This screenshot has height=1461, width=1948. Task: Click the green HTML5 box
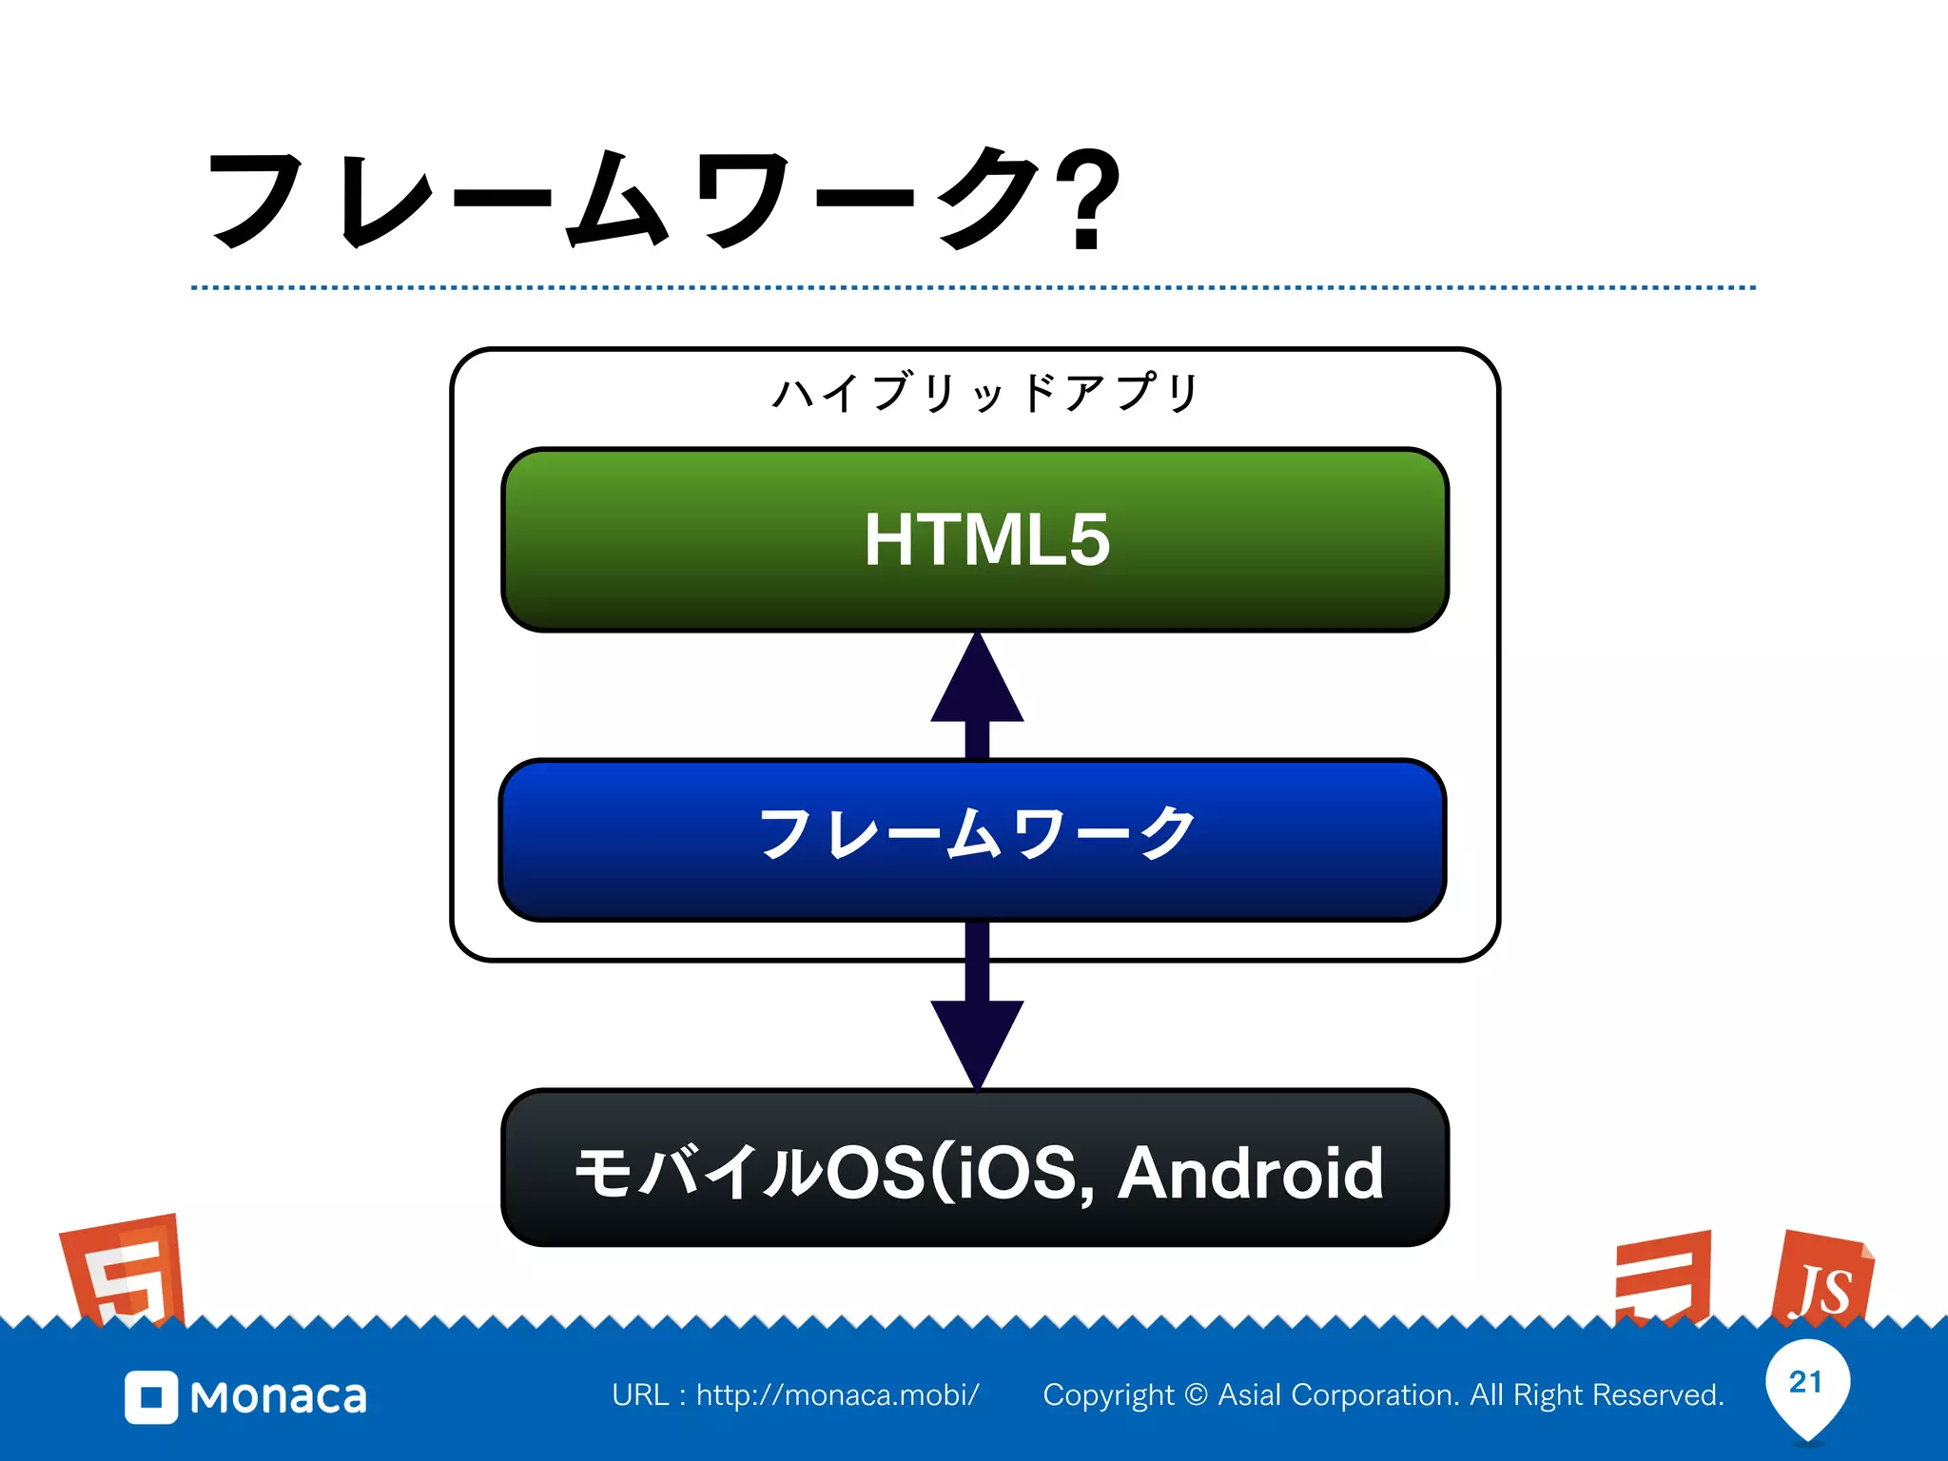click(975, 539)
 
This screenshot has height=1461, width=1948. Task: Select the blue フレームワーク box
click(972, 839)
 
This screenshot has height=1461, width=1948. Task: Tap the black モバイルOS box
click(975, 1168)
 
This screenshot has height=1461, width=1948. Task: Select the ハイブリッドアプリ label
click(985, 392)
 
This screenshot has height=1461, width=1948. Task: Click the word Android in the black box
click(1250, 1173)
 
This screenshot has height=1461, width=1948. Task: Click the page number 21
click(1805, 1381)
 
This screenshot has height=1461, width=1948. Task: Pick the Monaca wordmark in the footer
click(278, 1397)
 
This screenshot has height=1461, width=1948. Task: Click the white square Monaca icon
click(151, 1397)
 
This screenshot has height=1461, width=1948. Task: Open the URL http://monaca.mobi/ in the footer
click(837, 1394)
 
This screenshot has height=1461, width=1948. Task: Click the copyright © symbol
click(1197, 1394)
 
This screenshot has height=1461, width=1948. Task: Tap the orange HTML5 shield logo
click(124, 1270)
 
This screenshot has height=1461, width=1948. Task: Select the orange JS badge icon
click(1821, 1279)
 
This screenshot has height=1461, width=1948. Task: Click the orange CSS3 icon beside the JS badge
click(1665, 1277)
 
